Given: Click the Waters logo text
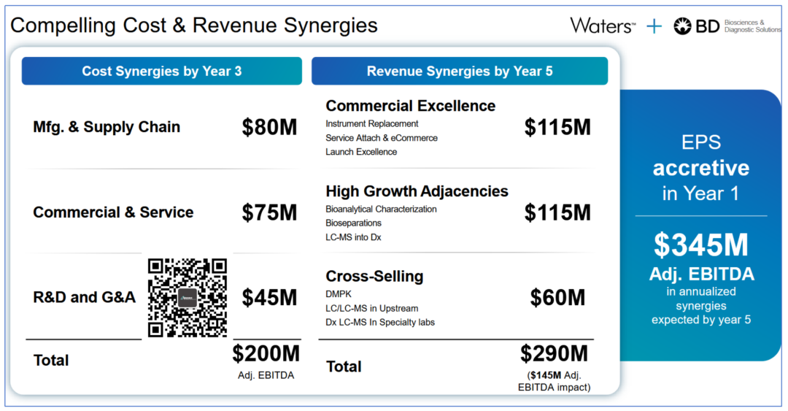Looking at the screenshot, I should click(602, 26).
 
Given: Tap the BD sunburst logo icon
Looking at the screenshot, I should click(682, 26).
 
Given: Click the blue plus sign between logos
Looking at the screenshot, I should click(654, 26).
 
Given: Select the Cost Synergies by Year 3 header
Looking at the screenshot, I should click(161, 71).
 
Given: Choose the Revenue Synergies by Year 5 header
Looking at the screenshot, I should click(459, 71).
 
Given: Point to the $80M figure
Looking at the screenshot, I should click(269, 127).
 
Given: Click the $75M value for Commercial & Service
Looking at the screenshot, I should click(269, 212).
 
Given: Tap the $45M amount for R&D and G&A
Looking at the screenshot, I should click(269, 297).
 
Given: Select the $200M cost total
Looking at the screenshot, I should click(266, 353).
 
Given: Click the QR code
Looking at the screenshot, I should click(188, 297).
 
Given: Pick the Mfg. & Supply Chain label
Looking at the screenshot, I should click(107, 127).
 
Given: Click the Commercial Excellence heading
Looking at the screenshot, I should click(410, 106).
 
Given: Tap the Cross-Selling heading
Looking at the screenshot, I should click(374, 277).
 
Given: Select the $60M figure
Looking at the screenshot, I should click(557, 297).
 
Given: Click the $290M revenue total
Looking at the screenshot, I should click(554, 353).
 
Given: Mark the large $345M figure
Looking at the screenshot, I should click(700, 245).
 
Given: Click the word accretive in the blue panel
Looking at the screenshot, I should click(700, 168).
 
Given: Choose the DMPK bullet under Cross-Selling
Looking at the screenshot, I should click(338, 294).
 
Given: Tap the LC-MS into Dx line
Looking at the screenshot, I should click(353, 237).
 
